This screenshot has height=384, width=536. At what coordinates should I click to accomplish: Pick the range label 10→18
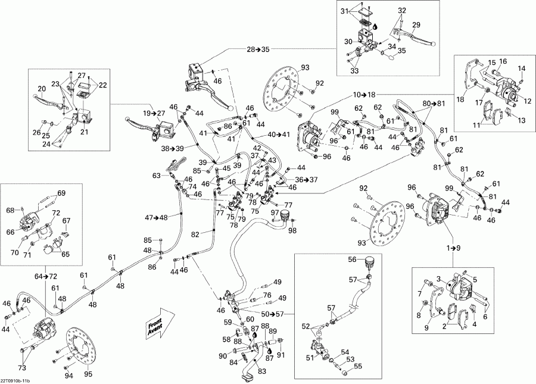click(x=364, y=95)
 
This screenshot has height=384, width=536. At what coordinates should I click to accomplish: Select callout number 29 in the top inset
click(x=416, y=24)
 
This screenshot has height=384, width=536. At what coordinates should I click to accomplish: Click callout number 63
click(x=157, y=176)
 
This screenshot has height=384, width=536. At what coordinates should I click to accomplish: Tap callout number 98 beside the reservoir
click(x=292, y=231)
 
